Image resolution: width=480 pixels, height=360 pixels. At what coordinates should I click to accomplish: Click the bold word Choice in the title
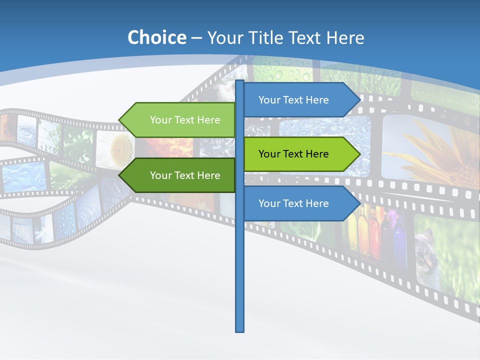click(x=156, y=37)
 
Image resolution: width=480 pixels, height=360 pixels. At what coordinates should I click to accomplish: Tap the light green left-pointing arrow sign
click(x=180, y=120)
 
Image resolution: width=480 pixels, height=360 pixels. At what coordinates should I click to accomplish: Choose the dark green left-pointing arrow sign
click(x=180, y=175)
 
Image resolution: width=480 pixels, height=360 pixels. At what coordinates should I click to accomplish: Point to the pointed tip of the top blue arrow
click(x=359, y=100)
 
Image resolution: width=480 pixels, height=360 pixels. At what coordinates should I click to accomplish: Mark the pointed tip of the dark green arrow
click(x=119, y=175)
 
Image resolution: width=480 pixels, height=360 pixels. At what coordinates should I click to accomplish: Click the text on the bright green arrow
click(x=293, y=154)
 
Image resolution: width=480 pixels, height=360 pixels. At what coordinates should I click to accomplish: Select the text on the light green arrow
click(x=185, y=120)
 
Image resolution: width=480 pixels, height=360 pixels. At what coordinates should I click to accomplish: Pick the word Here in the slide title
click(x=345, y=37)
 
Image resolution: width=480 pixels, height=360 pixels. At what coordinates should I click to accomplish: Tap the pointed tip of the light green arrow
click(x=119, y=120)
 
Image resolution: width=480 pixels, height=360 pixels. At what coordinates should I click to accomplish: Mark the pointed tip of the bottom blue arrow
click(x=359, y=203)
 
